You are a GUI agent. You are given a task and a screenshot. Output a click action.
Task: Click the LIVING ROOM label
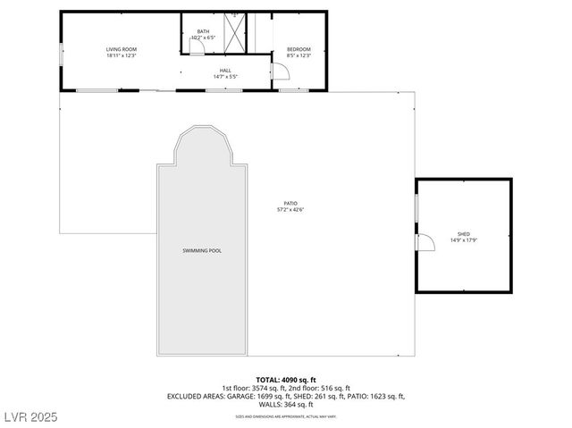pos(122,49)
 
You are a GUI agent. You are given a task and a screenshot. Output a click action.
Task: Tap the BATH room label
pos(204,32)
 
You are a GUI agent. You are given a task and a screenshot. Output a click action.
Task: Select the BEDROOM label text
pos(299,49)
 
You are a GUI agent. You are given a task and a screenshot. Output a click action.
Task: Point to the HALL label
pos(226,70)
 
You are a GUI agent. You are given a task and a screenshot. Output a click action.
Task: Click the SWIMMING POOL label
pos(202,251)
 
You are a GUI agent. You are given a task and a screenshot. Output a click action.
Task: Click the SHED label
pos(464,233)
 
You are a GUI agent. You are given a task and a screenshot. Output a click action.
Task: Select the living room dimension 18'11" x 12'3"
pos(122,56)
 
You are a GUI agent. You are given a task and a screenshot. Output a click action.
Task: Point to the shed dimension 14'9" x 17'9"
pos(464,239)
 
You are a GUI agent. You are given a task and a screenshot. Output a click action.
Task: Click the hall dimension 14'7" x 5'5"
pos(226,76)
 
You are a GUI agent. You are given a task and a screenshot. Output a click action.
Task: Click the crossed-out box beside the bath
pos(236,33)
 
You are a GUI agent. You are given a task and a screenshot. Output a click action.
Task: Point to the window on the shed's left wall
pos(416,206)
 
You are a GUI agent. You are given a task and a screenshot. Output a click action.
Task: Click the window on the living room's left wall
pos(61,53)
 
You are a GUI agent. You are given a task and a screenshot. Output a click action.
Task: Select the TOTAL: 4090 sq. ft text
pos(286,380)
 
